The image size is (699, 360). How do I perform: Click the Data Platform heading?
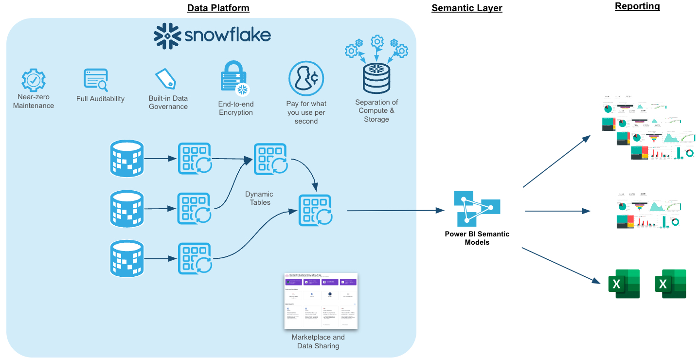(218, 8)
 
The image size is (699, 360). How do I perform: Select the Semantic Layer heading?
(466, 8)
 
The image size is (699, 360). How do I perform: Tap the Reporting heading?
(637, 6)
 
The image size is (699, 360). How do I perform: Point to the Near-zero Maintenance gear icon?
(34, 80)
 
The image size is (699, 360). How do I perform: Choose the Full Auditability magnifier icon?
(96, 80)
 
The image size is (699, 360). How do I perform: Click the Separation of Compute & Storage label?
(376, 111)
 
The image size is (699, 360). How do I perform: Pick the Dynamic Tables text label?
(260, 198)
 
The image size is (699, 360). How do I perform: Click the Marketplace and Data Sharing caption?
(318, 342)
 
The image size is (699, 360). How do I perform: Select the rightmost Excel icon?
(670, 284)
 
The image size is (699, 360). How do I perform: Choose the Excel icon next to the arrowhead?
(624, 284)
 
